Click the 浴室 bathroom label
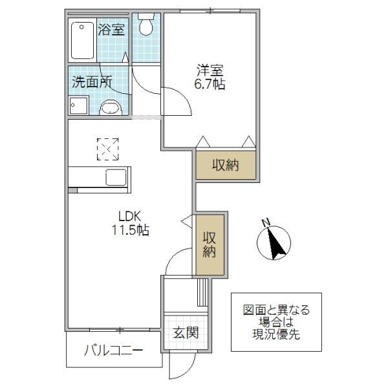(x=111, y=30)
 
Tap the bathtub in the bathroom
(x=82, y=40)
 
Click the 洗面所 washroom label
(x=92, y=82)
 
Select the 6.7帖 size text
(x=210, y=84)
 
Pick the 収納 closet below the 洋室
(x=226, y=165)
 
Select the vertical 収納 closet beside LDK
(x=210, y=244)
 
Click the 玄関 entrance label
(x=186, y=333)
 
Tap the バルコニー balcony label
(x=113, y=352)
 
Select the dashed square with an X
(x=108, y=150)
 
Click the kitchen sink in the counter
(x=117, y=177)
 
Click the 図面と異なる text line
(x=276, y=310)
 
